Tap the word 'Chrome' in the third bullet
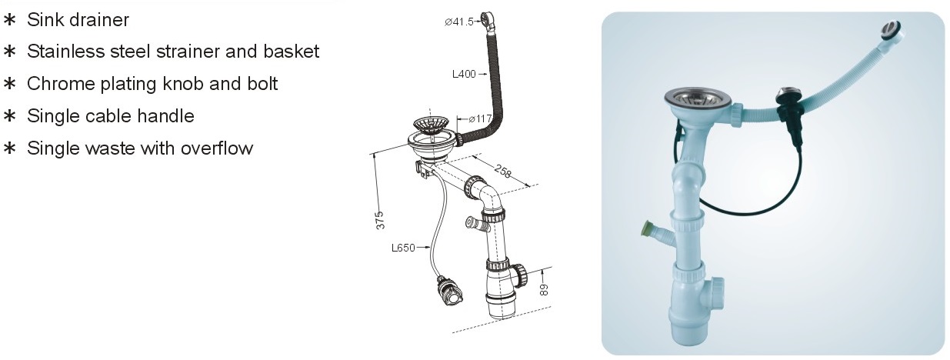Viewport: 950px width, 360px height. (61, 84)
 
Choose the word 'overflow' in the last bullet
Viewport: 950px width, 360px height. (217, 148)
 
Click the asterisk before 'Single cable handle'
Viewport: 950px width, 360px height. (9, 116)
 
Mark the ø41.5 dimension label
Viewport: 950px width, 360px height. (459, 22)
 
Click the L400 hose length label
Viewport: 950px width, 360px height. (464, 74)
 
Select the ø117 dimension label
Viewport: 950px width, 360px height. (480, 118)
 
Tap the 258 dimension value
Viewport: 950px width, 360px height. (503, 171)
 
